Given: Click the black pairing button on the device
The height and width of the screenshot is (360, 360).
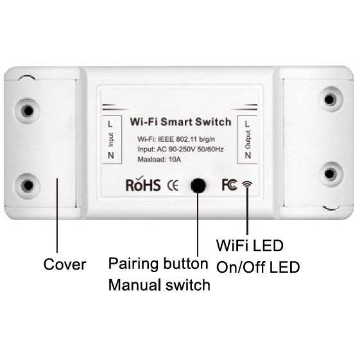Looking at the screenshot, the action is coord(198,185).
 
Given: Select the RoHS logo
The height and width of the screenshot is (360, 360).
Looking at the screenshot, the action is coord(143,184).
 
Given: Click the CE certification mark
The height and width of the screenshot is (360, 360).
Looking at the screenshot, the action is coord(173,185).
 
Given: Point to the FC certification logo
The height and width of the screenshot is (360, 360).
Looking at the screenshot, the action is coord(229,185).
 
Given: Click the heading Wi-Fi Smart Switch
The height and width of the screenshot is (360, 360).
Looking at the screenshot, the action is coord(180,122).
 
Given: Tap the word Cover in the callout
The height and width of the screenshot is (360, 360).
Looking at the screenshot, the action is coord(65,264).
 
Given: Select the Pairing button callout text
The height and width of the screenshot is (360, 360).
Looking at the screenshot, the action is coord(159,264).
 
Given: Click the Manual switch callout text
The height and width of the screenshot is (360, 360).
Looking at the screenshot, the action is coord(159,285).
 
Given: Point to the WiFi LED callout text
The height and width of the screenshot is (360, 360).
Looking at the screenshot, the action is coord(250,245).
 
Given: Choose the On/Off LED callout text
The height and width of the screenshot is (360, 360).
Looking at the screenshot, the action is coord(258,267).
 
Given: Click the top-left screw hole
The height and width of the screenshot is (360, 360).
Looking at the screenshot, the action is coord(28,111).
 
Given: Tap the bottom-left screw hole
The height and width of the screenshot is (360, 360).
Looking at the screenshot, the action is coord(28,185).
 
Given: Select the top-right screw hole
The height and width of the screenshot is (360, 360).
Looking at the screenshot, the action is coord(330,99).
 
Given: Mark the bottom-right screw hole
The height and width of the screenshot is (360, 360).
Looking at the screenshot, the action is coord(330,173).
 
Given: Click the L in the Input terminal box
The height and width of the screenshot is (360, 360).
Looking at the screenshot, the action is coord(110,124).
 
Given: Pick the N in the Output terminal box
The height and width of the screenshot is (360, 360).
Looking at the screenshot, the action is coord(248,155).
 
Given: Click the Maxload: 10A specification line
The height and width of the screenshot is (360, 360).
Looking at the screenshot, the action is coord(159,159).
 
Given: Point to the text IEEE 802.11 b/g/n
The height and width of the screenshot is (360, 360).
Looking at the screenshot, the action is coord(187,139).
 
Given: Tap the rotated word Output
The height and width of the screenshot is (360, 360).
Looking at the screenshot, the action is coord(248,140).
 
